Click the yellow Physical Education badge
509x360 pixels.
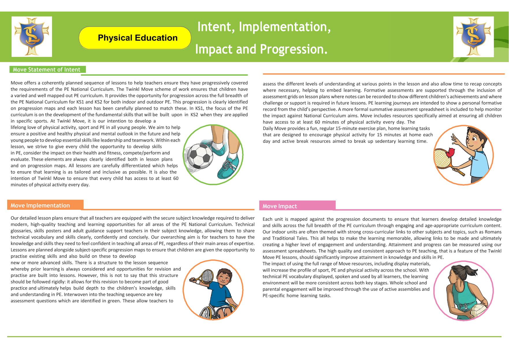pyautogui.click(x=135, y=38)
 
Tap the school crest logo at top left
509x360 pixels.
pyautogui.click(x=32, y=37)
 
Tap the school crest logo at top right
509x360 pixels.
pyautogui.click(x=473, y=37)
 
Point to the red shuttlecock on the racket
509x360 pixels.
pyautogui.click(x=450, y=152)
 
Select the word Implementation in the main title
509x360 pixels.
pyautogui.click(x=285, y=27)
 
